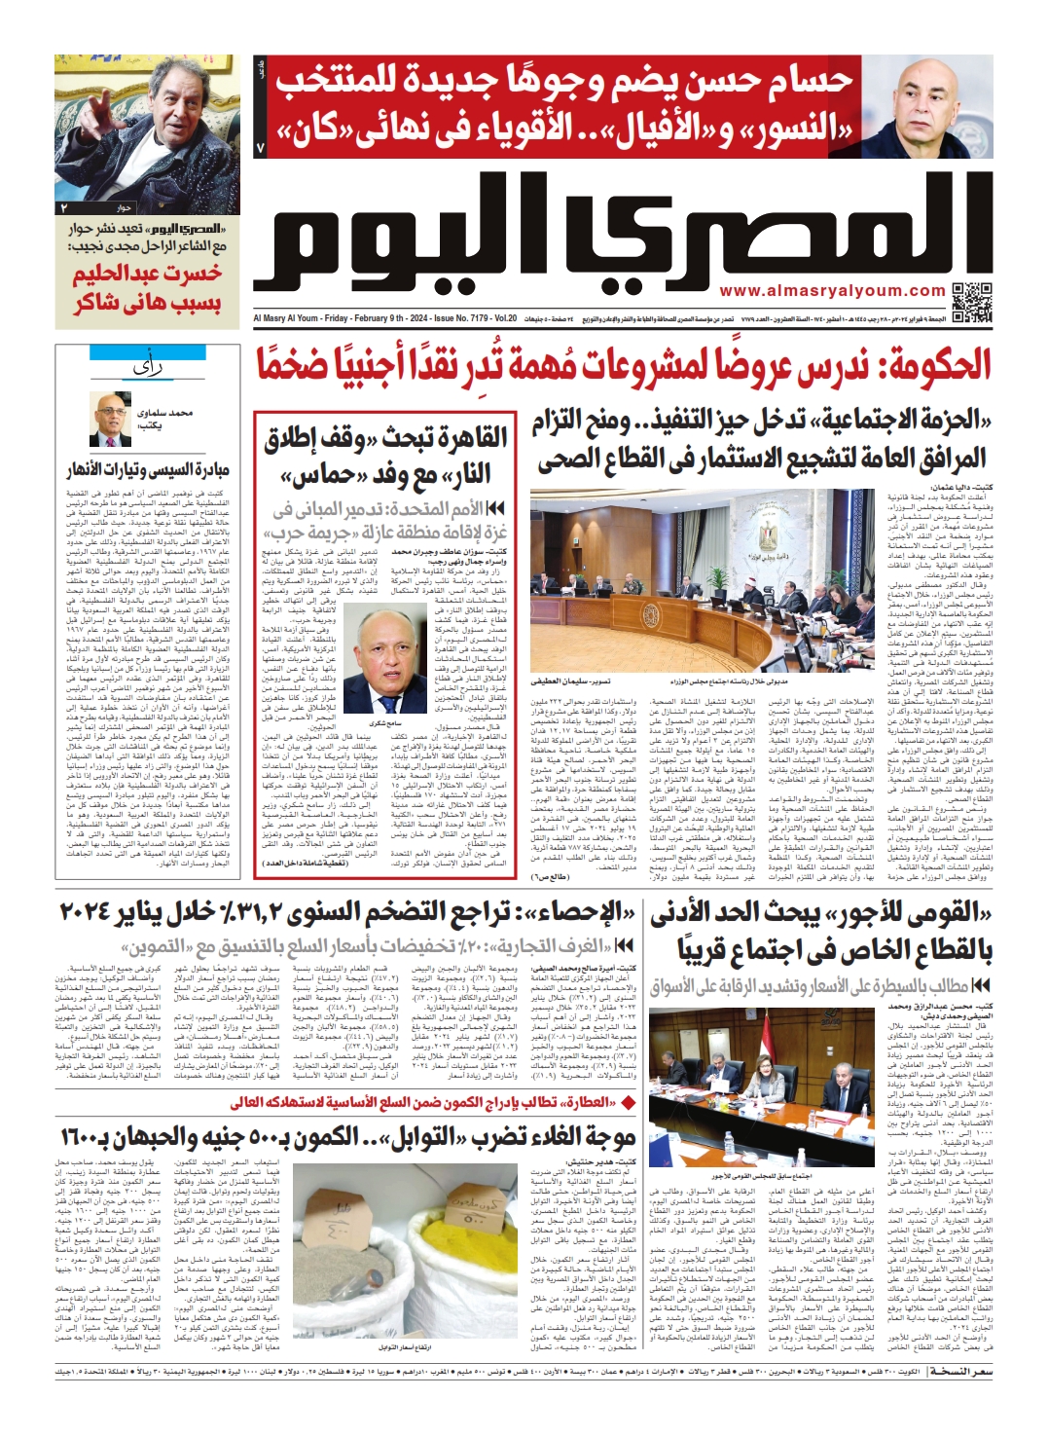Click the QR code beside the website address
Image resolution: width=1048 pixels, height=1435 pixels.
(970, 301)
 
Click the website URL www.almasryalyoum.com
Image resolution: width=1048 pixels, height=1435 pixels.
(832, 290)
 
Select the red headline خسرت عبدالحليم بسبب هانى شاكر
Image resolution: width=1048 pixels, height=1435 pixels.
(147, 288)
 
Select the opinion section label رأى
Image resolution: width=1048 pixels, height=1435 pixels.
(148, 367)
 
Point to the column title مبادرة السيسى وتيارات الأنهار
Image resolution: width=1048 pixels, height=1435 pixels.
(148, 471)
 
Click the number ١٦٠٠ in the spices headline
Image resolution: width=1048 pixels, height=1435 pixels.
(90, 1136)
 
